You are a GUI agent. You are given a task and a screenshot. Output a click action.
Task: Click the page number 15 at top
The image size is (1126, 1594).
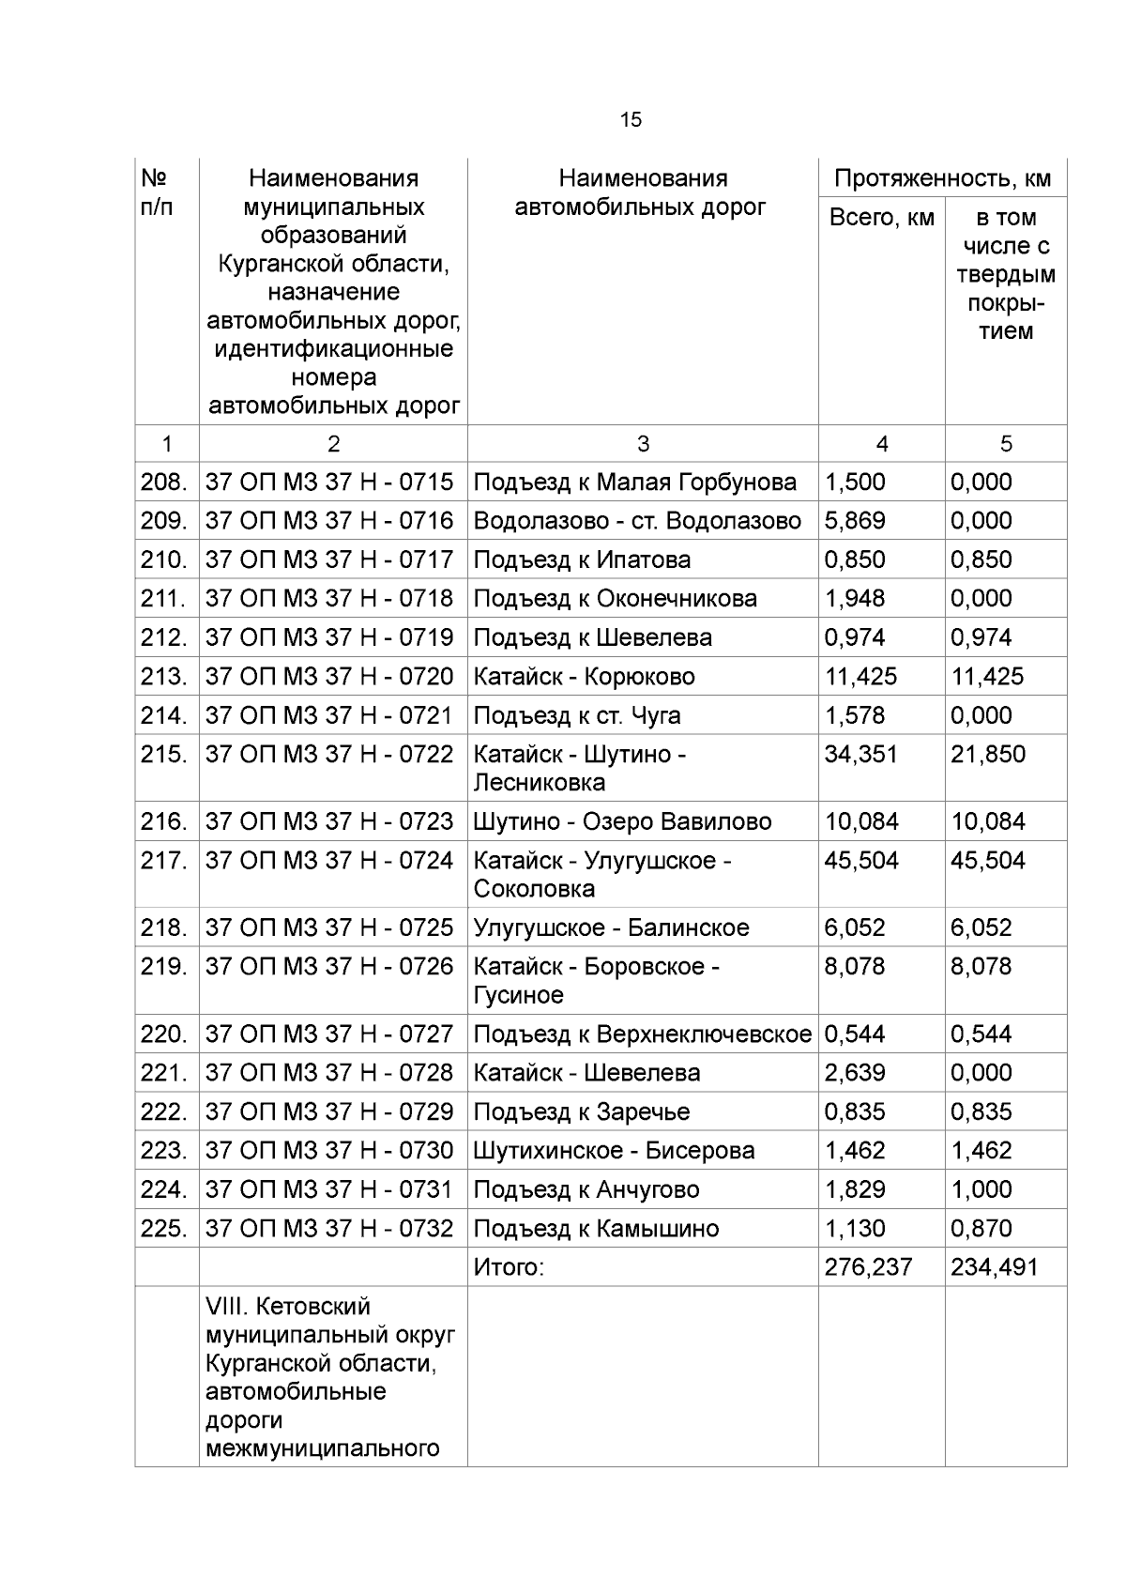point(631,120)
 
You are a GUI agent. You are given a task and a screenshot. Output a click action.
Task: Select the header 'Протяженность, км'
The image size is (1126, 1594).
point(942,178)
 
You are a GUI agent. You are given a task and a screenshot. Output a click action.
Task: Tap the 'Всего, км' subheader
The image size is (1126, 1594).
point(881,218)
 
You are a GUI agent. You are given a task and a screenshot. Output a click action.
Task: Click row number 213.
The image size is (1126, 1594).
point(164,676)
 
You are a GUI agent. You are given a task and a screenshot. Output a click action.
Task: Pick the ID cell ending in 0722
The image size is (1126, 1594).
point(329,754)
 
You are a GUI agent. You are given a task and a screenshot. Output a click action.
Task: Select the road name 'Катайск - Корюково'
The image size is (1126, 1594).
point(584,676)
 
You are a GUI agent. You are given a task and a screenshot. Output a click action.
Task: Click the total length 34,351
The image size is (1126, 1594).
point(860,754)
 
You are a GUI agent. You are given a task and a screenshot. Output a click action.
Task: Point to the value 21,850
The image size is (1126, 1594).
point(987,754)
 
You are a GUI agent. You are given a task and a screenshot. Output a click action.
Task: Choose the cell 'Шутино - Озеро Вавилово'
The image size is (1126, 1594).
point(622,821)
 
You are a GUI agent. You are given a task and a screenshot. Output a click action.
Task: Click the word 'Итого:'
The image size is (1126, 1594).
point(509,1267)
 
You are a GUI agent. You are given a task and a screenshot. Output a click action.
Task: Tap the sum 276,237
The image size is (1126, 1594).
point(868,1267)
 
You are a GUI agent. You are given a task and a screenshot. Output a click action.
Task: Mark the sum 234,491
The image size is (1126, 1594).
point(994,1267)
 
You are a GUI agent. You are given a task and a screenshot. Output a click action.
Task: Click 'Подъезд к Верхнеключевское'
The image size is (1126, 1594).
point(642,1034)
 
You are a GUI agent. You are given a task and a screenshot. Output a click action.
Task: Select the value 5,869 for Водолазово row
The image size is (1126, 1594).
point(854,520)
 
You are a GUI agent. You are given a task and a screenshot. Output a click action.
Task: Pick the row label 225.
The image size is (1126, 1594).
point(164,1228)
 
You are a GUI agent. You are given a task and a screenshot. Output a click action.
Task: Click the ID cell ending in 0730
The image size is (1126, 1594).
point(329,1150)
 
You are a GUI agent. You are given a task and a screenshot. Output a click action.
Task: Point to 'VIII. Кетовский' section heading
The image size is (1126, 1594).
point(288,1307)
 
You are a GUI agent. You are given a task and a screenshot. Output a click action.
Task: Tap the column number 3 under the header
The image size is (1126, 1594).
point(643,444)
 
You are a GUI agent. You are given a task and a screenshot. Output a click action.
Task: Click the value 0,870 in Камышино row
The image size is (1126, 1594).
point(981,1228)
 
